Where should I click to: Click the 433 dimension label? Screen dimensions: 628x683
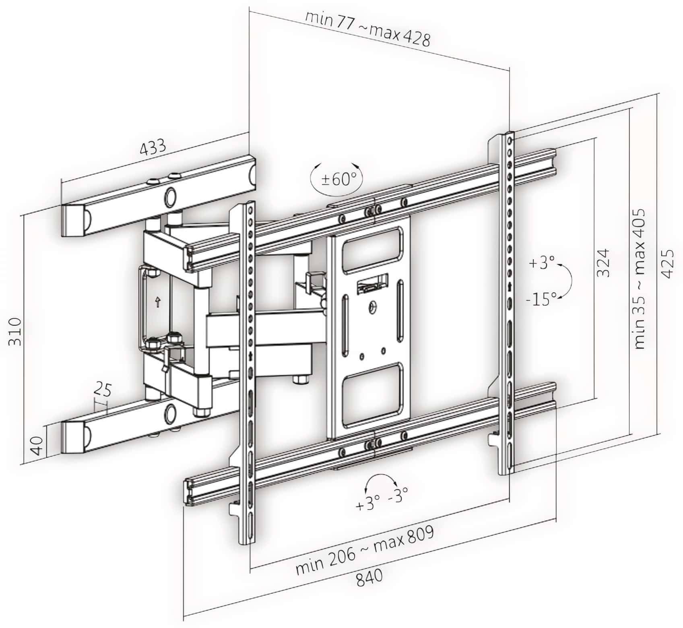[153, 147]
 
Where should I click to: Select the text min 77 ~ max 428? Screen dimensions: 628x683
[367, 28]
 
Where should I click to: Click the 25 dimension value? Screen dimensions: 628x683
[103, 389]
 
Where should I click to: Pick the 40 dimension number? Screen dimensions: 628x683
[37, 446]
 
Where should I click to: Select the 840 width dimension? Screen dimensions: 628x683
[369, 578]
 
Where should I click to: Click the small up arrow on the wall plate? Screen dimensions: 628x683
[158, 302]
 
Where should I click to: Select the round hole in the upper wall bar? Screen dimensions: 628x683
[170, 197]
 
